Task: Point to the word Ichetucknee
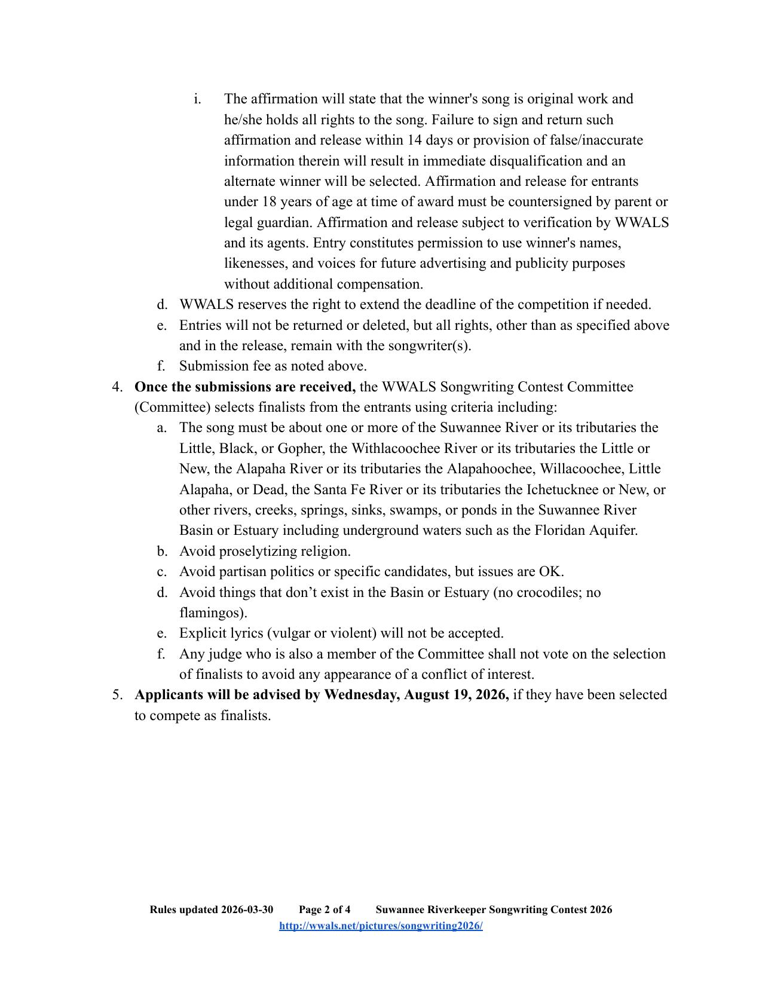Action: pyautogui.click(x=562, y=489)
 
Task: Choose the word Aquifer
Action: pyautogui.click(x=612, y=530)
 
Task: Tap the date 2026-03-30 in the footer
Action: pyautogui.click(x=247, y=910)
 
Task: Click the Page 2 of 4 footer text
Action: pyautogui.click(x=325, y=910)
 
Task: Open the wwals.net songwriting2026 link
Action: pyautogui.click(x=381, y=926)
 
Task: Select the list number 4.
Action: pyautogui.click(x=117, y=387)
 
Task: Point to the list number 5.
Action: pyautogui.click(x=117, y=694)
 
